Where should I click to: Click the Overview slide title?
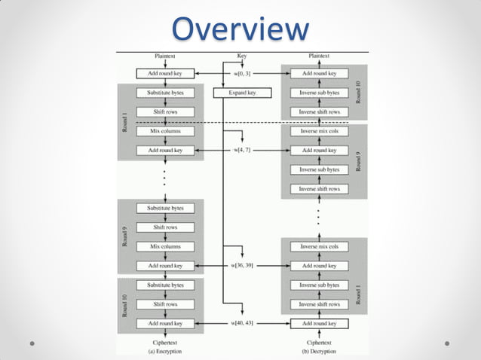pyautogui.click(x=240, y=29)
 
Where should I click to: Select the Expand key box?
pyautogui.click(x=241, y=93)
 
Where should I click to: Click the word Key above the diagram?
pyautogui.click(x=241, y=56)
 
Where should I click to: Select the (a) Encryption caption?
pyautogui.click(x=164, y=351)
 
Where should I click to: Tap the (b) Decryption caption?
pyautogui.click(x=319, y=351)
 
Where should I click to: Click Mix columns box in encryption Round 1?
pyautogui.click(x=165, y=131)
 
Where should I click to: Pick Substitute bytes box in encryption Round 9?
pyautogui.click(x=165, y=208)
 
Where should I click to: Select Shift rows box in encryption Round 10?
pyautogui.click(x=165, y=304)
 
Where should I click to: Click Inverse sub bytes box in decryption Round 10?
pyautogui.click(x=319, y=93)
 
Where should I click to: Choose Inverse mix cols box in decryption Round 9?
pyautogui.click(x=319, y=131)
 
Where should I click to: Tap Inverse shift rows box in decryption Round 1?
pyautogui.click(x=319, y=304)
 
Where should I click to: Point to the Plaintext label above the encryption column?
pyautogui.click(x=165, y=56)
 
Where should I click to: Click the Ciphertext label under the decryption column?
pyautogui.click(x=319, y=342)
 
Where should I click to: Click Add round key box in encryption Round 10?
pyautogui.click(x=165, y=324)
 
